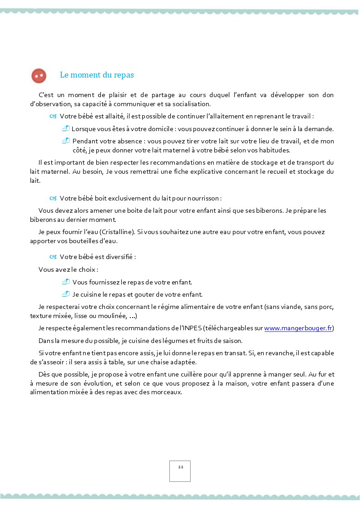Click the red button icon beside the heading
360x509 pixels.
[x=39, y=76]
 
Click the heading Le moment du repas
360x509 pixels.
[x=97, y=75]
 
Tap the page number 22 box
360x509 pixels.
[x=180, y=470]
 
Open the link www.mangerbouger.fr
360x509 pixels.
[x=298, y=328]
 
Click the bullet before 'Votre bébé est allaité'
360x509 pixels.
[x=53, y=116]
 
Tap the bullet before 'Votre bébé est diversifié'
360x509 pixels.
[x=53, y=257]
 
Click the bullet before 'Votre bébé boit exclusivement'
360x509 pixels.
[x=53, y=198]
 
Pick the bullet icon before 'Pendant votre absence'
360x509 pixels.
[x=66, y=141]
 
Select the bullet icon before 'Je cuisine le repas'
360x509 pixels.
[x=66, y=294]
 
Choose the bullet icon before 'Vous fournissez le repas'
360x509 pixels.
[x=66, y=282]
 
